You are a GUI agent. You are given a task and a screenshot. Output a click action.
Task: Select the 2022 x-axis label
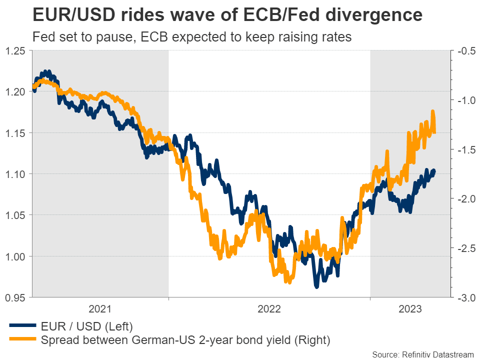(269, 309)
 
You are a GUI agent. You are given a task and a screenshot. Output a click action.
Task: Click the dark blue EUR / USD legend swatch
(23, 326)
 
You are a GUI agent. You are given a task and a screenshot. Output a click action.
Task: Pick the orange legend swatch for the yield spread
(23, 340)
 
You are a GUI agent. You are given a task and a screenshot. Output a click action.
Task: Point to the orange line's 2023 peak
(432, 111)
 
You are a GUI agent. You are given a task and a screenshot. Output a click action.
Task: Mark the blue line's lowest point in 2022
(316, 286)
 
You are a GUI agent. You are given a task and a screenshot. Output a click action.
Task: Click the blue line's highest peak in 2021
(45, 71)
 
